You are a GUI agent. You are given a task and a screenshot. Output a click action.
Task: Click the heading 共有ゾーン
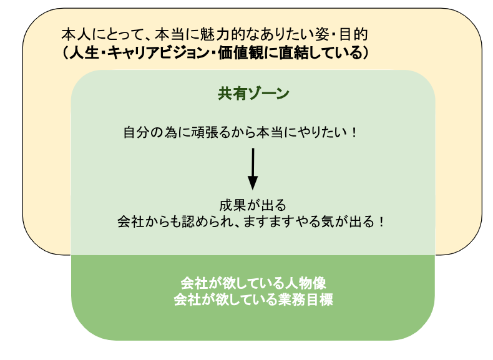pos(253,94)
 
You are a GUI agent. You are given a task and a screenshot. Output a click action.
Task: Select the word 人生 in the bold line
pos(87,52)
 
